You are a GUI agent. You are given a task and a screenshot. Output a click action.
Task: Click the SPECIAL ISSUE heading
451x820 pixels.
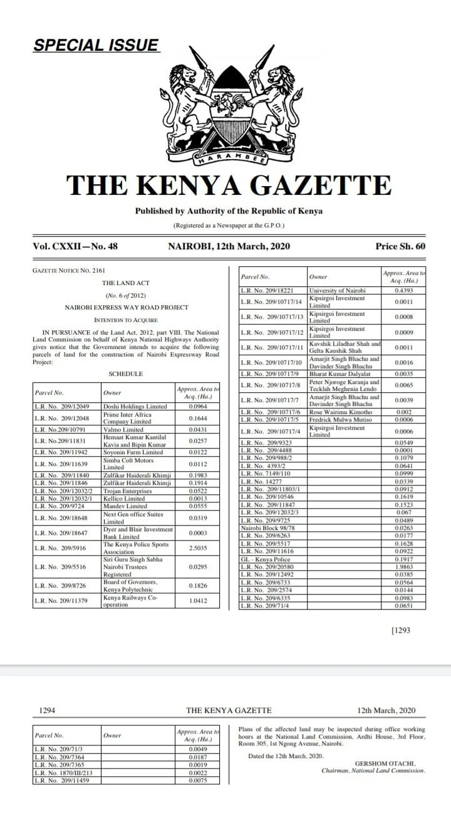pos(96,45)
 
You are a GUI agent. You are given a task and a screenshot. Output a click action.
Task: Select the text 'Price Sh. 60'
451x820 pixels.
pos(400,246)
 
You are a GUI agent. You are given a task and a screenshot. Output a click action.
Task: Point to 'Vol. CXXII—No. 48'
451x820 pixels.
pos(75,246)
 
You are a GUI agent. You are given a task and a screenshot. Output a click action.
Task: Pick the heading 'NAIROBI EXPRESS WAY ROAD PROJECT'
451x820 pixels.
pos(125,307)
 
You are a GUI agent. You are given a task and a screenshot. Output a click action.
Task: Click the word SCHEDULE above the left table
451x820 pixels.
pos(126,374)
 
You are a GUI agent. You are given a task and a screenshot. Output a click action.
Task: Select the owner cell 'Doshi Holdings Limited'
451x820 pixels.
pos(135,407)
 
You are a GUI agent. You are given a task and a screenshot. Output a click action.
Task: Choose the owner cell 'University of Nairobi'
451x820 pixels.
pos(337,291)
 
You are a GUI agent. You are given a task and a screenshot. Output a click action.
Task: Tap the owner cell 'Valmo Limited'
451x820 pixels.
pos(123,429)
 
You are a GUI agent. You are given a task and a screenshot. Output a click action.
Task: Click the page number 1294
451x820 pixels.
pos(48,710)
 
